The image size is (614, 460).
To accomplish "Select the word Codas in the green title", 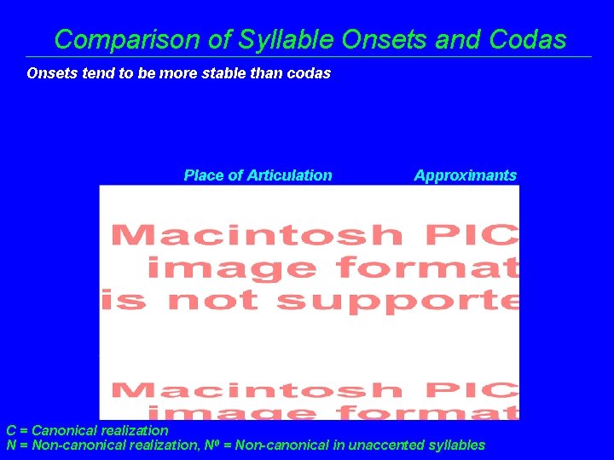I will pos(529,39).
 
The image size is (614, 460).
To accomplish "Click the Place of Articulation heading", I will pos(258,175).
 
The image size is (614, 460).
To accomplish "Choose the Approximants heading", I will pos(465,175).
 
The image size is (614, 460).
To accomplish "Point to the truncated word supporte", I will pos(397,301).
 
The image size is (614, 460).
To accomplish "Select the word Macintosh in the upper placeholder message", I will pos(257,234).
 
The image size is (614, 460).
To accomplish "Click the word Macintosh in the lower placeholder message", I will pos(257,390).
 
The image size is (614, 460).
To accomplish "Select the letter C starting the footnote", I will pos(11,431).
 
